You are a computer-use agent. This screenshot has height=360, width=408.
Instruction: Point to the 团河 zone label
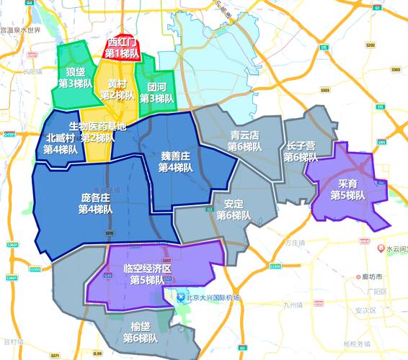coord(156,86)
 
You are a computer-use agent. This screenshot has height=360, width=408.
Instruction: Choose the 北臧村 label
coord(61,138)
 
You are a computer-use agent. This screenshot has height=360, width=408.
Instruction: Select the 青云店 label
coord(245,135)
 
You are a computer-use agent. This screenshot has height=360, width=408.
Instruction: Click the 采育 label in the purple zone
coord(348,184)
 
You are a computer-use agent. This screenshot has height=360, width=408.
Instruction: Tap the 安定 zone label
coord(234,204)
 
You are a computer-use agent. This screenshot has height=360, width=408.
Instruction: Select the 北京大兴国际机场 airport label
coord(210,297)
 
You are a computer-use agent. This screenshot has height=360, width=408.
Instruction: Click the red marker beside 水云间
coord(379,248)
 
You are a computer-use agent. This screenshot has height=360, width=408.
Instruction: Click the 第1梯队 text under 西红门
coord(122,53)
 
